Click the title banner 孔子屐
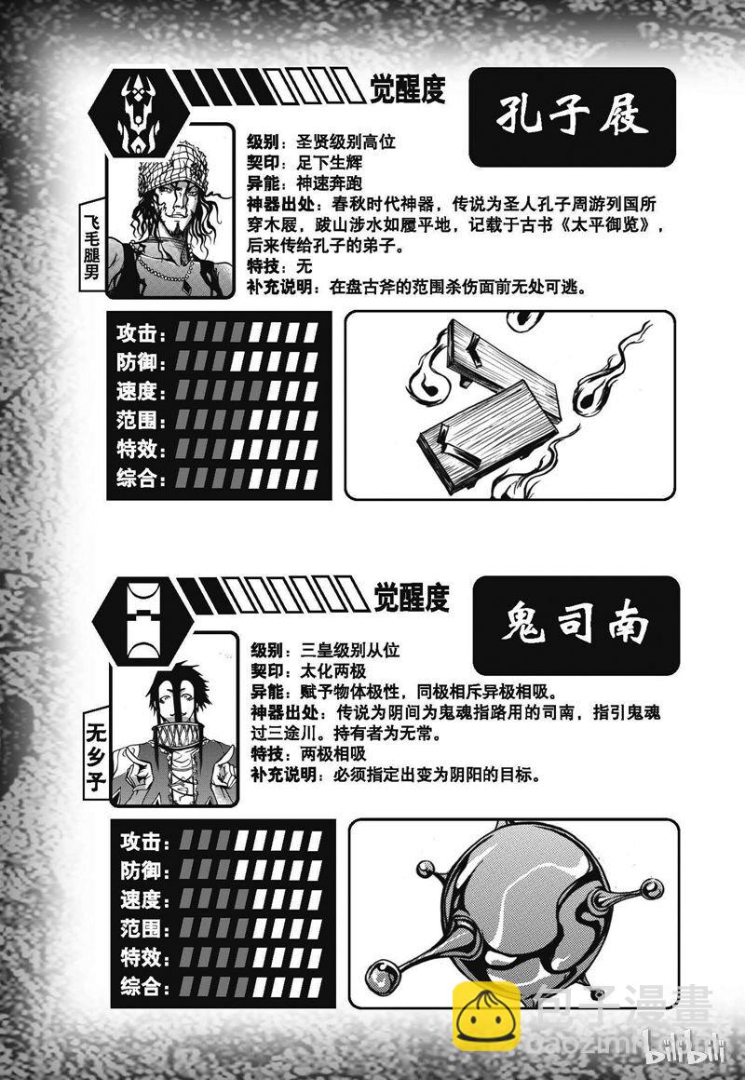point(572,117)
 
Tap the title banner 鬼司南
point(576,626)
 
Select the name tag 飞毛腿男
point(91,245)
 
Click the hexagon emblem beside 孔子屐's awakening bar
point(140,113)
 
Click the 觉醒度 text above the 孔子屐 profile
point(408,89)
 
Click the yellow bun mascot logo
point(486,1017)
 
